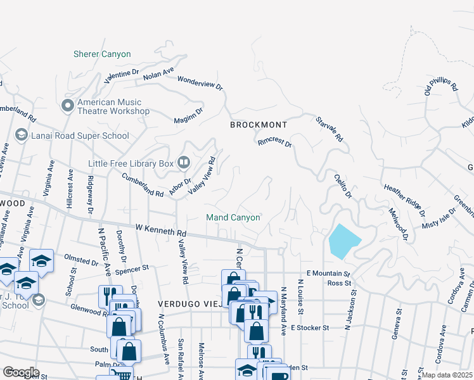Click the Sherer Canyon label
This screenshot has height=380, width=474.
point(102,54)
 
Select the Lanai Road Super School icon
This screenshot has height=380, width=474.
point(21,136)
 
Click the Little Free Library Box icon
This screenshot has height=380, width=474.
point(184,163)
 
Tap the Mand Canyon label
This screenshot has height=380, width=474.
point(233,218)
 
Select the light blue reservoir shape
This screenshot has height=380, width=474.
point(343,241)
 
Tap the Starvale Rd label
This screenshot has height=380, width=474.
point(330,129)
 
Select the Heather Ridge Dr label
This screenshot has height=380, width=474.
point(404,197)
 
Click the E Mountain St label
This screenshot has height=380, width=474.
point(328,273)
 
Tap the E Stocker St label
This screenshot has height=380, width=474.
point(311,328)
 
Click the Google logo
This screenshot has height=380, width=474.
point(21,372)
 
